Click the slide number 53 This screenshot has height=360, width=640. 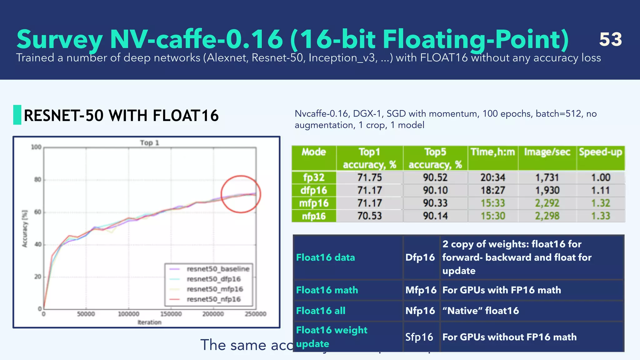coord(610,39)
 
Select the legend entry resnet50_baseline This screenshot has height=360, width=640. coord(218,269)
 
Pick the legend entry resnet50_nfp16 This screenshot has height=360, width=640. coord(214,299)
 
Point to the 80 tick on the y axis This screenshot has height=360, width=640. coord(37,180)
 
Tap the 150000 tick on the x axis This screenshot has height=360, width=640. coord(171,314)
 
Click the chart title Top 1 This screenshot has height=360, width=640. coord(149,143)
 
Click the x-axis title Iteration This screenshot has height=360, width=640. coord(149,322)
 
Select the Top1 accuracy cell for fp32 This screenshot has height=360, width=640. coord(369,177)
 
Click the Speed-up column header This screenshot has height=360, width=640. coord(600,152)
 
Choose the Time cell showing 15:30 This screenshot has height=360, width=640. coord(492,216)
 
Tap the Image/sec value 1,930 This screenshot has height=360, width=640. coord(547,190)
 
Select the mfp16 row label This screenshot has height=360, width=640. coord(314,203)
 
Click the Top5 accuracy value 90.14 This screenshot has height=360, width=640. coord(435,216)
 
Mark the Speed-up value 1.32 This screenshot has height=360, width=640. coord(600,203)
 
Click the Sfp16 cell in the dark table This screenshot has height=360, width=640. coord(419,337)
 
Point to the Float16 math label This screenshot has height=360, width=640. coord(327,290)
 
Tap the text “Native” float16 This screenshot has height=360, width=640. coord(480,311)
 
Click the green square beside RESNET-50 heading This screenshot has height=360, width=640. coord(17,115)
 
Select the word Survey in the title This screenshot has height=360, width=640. coord(59,40)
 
